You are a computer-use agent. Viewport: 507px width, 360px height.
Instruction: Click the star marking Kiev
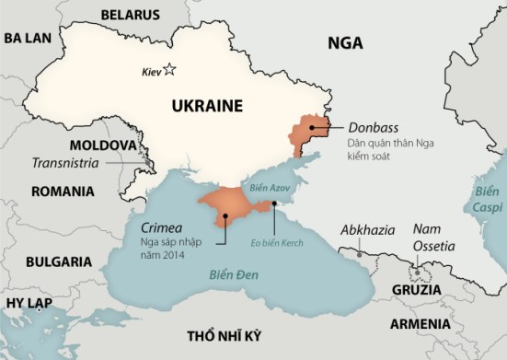coord(170,69)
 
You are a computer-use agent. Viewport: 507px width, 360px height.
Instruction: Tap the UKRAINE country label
coord(207,106)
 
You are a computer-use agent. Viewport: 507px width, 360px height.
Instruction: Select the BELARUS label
coord(129,16)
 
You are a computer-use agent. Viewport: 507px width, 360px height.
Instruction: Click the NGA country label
coord(345,42)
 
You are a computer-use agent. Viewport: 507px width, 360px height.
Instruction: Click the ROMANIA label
coord(63,192)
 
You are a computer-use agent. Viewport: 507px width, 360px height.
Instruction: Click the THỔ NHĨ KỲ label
coord(225,332)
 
